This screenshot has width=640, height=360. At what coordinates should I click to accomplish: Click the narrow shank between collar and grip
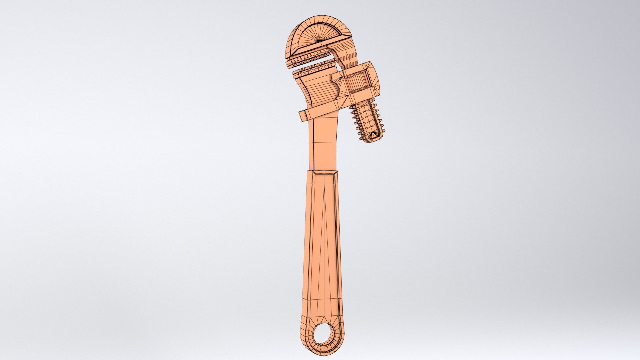pos(325,147)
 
